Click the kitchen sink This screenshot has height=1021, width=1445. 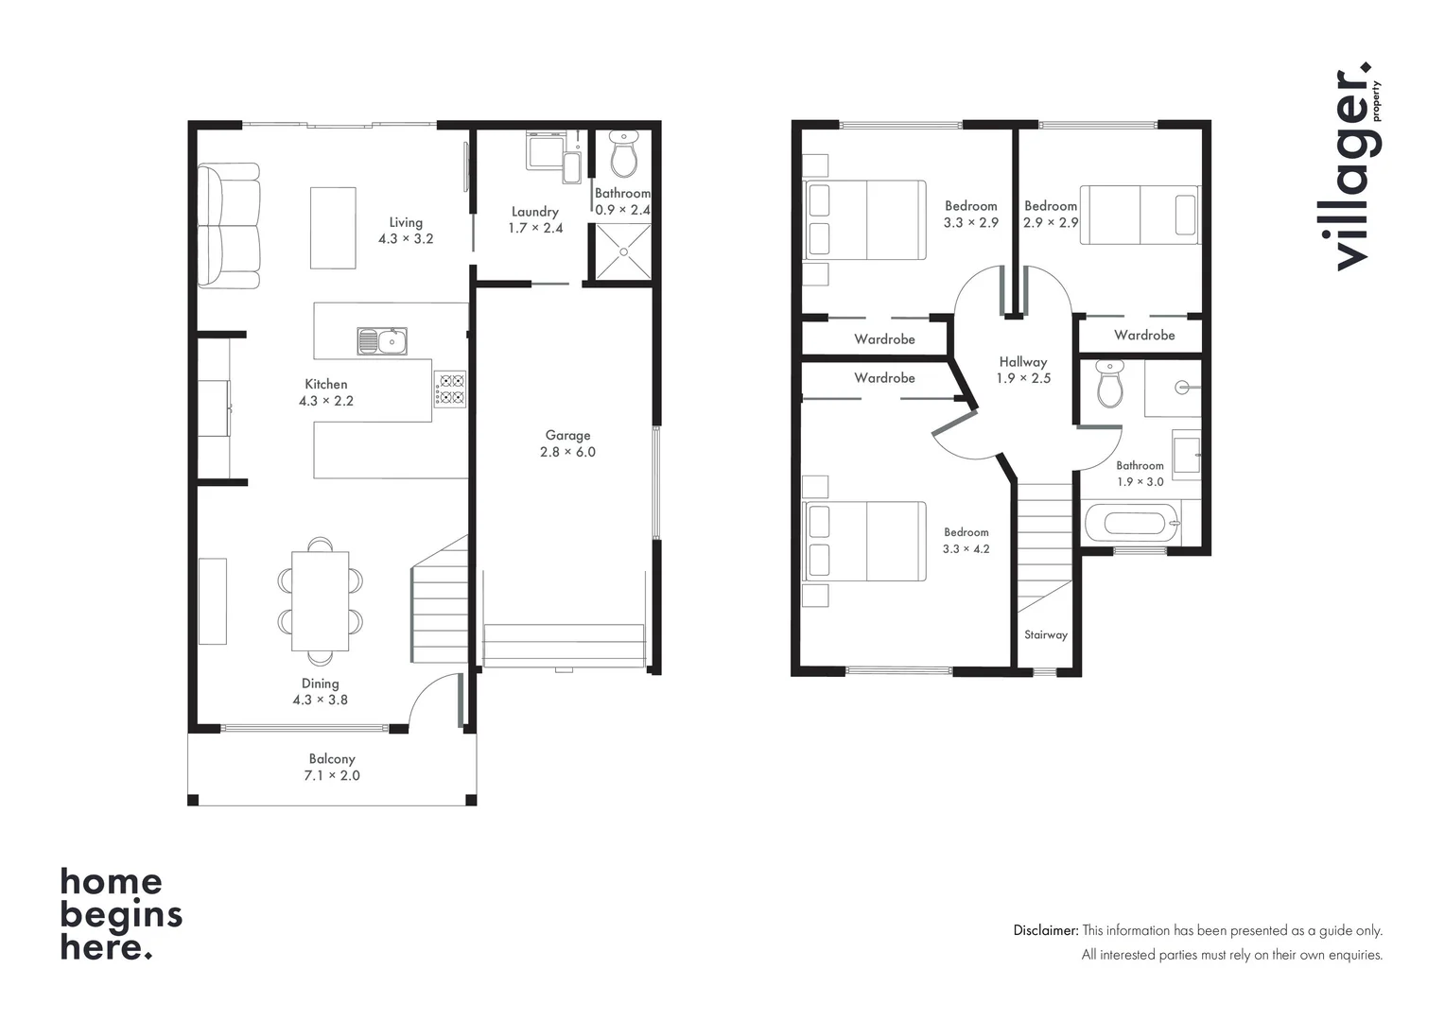[382, 341]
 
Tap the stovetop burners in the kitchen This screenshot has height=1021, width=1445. [450, 389]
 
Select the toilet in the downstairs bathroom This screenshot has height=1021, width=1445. [623, 154]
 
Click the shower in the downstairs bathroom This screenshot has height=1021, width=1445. [622, 251]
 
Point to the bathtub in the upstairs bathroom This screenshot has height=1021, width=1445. [1131, 523]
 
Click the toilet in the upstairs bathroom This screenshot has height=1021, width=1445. [1109, 383]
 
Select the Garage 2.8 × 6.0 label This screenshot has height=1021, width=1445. [567, 443]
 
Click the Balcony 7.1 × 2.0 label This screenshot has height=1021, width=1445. [332, 767]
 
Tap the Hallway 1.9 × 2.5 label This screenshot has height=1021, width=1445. [1023, 370]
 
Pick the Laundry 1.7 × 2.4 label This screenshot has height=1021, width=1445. [535, 219]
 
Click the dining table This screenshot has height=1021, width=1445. [321, 600]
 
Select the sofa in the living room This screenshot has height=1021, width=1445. [229, 226]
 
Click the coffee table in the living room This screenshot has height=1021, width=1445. [333, 228]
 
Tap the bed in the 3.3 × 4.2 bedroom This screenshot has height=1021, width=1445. [864, 542]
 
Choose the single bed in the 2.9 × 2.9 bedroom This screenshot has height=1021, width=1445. [1140, 215]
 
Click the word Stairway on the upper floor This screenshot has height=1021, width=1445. [1045, 634]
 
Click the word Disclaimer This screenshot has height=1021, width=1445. [1045, 930]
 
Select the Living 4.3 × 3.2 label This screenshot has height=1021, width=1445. [406, 231]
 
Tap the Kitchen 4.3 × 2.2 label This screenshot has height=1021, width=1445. [326, 392]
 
